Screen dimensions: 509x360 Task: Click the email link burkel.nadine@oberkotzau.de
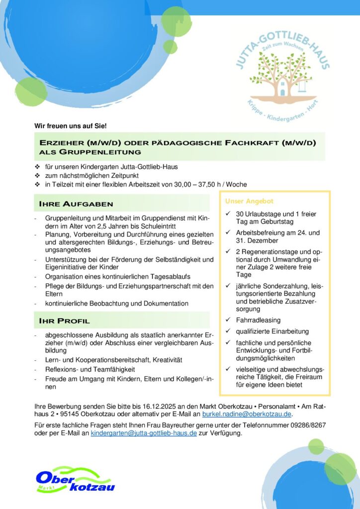point(247,413)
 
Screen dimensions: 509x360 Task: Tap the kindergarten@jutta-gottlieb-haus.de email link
point(144,433)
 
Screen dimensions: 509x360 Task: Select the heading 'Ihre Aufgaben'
point(76,204)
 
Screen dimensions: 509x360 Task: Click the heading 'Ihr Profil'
point(65,321)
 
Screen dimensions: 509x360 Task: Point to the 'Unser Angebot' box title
point(249,201)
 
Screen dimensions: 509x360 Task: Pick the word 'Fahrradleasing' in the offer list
point(258,320)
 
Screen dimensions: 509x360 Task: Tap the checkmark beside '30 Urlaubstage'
point(227,214)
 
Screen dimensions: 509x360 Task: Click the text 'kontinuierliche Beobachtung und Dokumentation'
point(116,303)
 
